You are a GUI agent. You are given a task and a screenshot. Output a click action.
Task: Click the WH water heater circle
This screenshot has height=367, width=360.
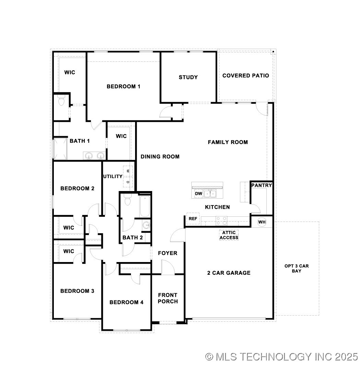(262, 222)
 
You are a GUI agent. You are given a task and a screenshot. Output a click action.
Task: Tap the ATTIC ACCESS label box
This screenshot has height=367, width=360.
(229, 235)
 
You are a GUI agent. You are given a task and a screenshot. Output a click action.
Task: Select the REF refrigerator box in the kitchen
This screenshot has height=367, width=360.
(193, 218)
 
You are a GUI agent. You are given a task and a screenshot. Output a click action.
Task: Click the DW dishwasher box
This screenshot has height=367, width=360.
(199, 194)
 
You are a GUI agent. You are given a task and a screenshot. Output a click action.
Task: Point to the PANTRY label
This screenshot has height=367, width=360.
(262, 185)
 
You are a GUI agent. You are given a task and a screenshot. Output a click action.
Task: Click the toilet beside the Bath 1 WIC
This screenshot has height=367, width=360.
(62, 102)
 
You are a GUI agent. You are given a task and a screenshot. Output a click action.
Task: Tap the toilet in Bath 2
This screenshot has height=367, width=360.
(128, 200)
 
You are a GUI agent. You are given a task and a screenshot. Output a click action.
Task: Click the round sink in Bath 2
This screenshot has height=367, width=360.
(146, 225)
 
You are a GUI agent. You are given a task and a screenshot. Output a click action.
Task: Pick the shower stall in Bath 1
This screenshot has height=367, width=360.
(61, 149)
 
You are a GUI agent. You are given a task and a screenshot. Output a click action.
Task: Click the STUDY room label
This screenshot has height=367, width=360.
(188, 77)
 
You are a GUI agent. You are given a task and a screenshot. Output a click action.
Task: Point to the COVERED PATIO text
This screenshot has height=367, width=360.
(245, 75)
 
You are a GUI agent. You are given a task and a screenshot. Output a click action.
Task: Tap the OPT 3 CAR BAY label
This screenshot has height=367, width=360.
(297, 268)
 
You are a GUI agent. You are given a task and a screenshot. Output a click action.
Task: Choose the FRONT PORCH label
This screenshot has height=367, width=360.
(168, 298)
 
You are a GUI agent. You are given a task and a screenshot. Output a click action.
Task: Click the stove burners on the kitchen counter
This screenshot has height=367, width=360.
(221, 219)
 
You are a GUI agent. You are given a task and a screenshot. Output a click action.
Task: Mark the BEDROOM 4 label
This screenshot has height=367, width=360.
(127, 302)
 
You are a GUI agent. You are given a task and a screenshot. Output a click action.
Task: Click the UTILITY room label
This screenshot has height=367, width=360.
(112, 176)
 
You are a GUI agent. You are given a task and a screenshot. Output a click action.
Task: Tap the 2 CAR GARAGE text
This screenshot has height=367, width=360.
(229, 273)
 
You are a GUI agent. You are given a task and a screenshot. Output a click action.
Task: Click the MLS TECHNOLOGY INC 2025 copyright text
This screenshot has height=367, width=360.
(281, 357)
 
